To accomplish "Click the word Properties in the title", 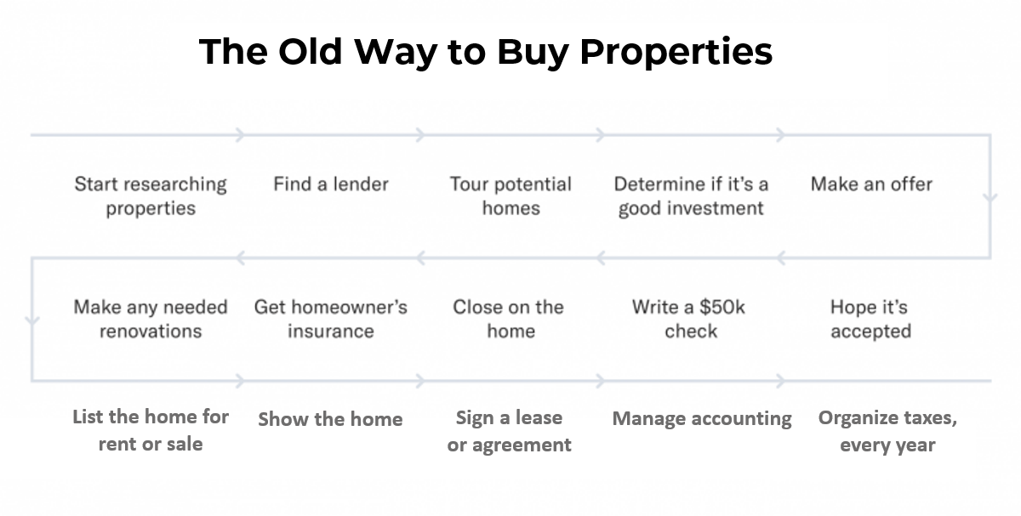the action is click(x=676, y=53).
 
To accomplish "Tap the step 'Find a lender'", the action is click(x=331, y=184).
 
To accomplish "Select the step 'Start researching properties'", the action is click(x=151, y=196).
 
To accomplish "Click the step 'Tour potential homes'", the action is click(x=510, y=196).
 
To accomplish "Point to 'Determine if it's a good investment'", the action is click(x=691, y=196).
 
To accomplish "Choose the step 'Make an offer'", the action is click(x=871, y=184).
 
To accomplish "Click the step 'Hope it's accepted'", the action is click(x=870, y=320).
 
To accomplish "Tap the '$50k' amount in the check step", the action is click(x=722, y=308).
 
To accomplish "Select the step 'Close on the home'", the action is click(x=509, y=320).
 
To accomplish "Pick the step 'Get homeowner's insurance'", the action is click(x=331, y=320).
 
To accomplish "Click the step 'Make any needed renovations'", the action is click(x=151, y=320).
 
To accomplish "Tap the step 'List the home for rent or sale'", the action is click(x=151, y=430).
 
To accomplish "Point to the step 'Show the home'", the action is click(x=330, y=419).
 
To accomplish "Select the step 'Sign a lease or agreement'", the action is click(x=509, y=431).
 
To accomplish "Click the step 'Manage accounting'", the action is click(x=702, y=419).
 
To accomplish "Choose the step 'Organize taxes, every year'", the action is click(x=887, y=431).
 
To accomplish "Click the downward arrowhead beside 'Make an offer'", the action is click(x=990, y=198).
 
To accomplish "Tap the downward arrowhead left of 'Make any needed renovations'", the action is click(x=32, y=320).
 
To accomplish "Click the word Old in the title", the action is click(x=310, y=52).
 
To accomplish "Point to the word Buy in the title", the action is click(x=533, y=53).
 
